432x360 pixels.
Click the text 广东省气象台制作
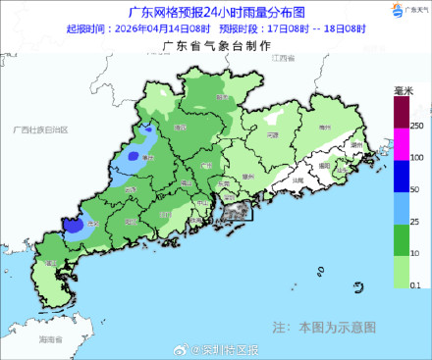click(x=204, y=45)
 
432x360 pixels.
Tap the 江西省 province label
click(x=284, y=60)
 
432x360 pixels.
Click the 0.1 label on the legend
click(x=416, y=283)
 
